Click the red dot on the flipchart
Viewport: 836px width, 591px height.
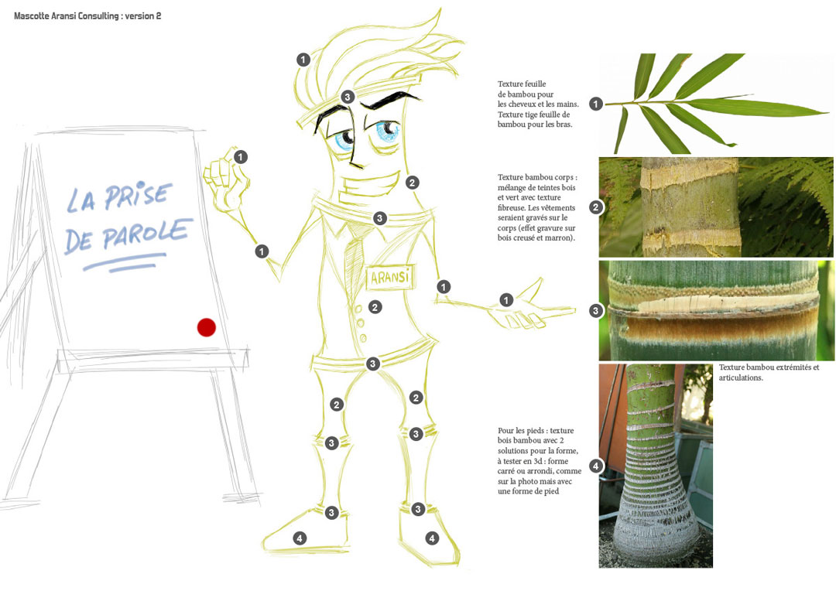[x=207, y=327]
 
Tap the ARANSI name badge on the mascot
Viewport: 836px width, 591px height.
[x=390, y=277]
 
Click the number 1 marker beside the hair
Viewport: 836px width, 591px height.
[x=303, y=60]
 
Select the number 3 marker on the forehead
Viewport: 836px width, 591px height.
[x=348, y=97]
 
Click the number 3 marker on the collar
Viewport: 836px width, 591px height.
[x=379, y=218]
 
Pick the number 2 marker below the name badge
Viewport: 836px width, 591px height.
[x=375, y=307]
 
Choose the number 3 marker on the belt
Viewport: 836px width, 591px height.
[x=372, y=364]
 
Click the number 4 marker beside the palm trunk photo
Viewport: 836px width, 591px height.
[x=595, y=466]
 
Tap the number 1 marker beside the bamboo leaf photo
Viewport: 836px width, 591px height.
[x=596, y=104]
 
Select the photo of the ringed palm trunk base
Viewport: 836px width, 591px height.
[x=656, y=466]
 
